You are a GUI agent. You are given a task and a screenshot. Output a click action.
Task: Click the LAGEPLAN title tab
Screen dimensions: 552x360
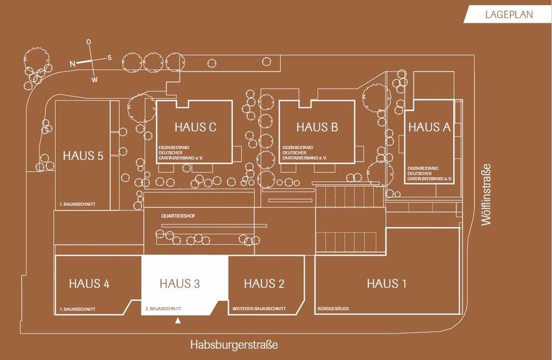(509, 14)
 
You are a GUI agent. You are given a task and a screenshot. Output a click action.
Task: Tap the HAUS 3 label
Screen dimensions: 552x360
(179, 284)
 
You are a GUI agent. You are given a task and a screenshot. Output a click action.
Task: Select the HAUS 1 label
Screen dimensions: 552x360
(386, 284)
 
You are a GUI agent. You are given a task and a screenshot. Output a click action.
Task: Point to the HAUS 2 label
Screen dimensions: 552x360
(264, 284)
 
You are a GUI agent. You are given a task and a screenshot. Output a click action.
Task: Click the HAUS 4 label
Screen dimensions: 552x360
(89, 284)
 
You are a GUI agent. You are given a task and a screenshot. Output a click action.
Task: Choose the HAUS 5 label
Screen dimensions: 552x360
(83, 156)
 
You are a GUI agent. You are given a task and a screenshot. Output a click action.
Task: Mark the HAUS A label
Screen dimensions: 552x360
(429, 128)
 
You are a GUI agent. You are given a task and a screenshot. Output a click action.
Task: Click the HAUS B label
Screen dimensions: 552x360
(317, 127)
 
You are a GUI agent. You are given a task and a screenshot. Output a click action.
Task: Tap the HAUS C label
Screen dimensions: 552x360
(195, 127)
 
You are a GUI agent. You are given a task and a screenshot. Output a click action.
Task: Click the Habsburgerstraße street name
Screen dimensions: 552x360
(234, 345)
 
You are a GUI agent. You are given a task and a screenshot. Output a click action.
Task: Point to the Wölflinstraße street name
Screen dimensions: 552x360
(487, 194)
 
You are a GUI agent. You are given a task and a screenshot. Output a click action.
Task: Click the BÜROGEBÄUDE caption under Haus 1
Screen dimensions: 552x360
(333, 309)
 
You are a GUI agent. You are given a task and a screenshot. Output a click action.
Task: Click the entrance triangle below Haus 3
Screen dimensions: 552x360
(178, 320)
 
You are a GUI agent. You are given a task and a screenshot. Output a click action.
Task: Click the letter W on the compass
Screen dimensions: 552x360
(94, 79)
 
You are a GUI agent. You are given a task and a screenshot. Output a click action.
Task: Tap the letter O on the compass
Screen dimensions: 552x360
(89, 42)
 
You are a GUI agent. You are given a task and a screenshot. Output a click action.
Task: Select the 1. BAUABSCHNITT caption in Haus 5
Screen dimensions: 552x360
(77, 204)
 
